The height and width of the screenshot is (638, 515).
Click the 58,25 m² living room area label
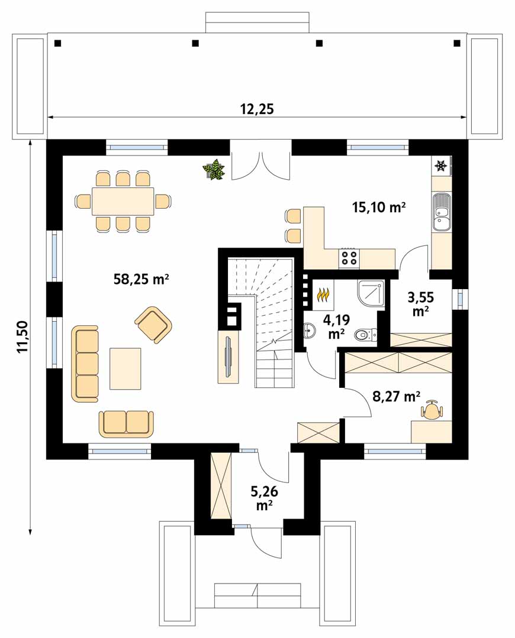[141, 280]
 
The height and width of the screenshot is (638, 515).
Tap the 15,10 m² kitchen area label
[378, 207]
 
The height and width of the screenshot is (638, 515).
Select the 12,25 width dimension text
[257, 109]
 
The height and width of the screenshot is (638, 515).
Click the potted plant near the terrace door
[214, 170]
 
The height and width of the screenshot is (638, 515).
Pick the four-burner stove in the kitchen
[349, 258]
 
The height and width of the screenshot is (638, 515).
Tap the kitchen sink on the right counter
[442, 212]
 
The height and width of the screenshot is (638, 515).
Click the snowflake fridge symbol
[440, 166]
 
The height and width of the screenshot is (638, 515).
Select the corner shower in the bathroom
[371, 294]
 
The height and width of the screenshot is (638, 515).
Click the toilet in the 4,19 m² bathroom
[365, 335]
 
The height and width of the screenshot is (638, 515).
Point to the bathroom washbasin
[309, 331]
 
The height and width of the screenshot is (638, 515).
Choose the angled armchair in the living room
[153, 325]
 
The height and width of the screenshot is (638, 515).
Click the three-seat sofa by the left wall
[86, 364]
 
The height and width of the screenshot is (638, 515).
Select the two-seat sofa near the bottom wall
[126, 423]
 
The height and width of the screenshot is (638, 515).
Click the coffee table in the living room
[125, 368]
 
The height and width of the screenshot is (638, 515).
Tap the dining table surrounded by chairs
[123, 201]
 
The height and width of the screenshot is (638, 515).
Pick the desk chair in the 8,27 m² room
[432, 410]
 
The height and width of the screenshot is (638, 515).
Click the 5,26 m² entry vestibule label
[264, 498]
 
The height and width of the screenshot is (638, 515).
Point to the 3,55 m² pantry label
[421, 303]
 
